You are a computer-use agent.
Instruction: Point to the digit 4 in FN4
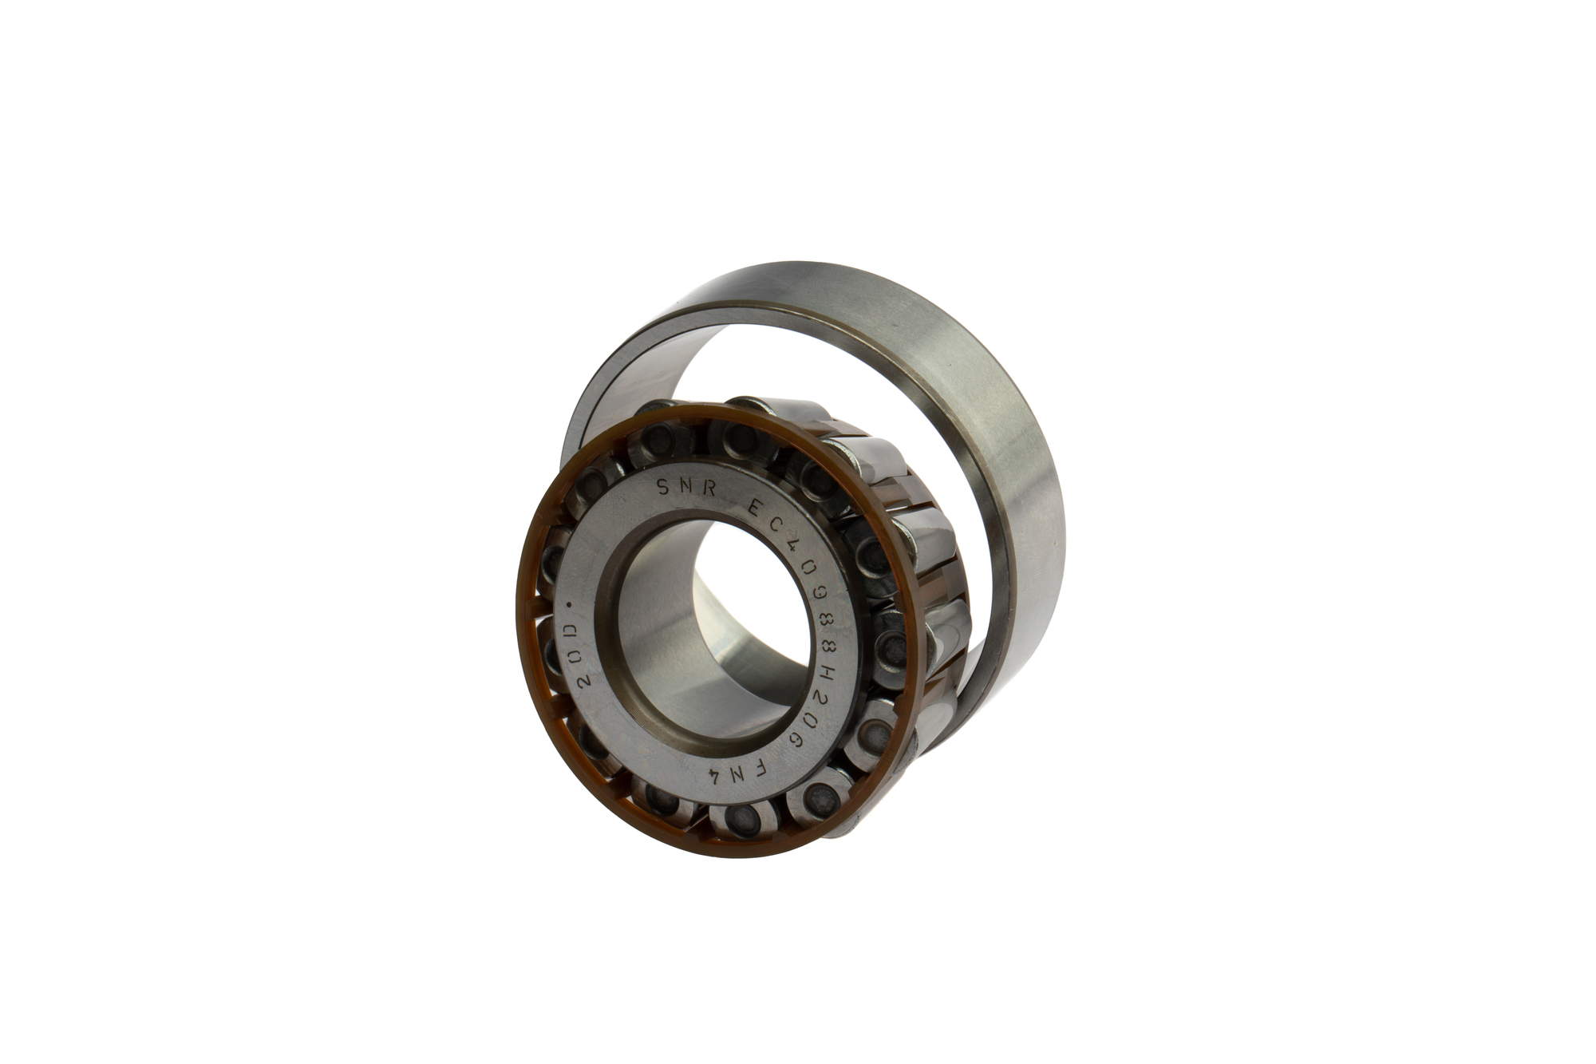click(x=716, y=779)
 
